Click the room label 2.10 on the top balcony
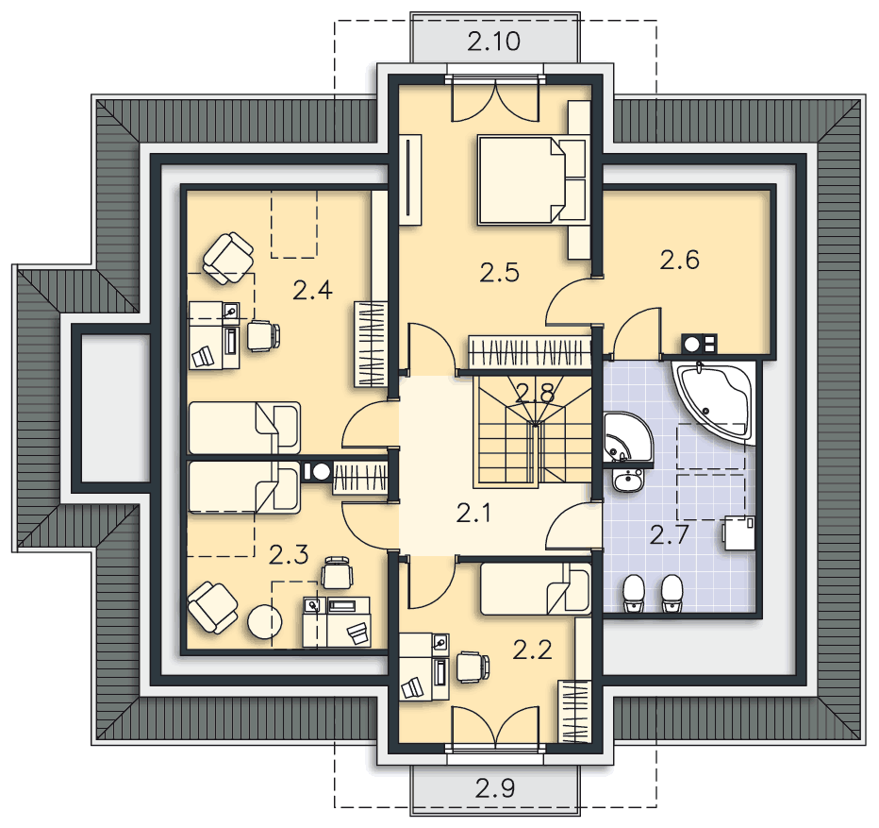[494, 42]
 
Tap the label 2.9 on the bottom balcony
[495, 788]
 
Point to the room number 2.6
[679, 260]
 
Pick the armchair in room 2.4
[228, 259]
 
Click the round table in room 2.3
[265, 621]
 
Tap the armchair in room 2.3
[212, 607]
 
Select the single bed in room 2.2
[536, 589]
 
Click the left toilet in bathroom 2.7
[634, 593]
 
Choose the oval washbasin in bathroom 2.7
[628, 481]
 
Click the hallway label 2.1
[473, 513]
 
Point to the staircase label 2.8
[535, 393]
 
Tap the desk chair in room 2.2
[473, 667]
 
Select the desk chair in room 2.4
[263, 336]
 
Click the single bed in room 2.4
[244, 428]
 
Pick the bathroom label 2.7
[669, 535]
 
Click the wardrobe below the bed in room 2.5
[530, 352]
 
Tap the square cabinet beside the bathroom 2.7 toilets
[738, 533]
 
